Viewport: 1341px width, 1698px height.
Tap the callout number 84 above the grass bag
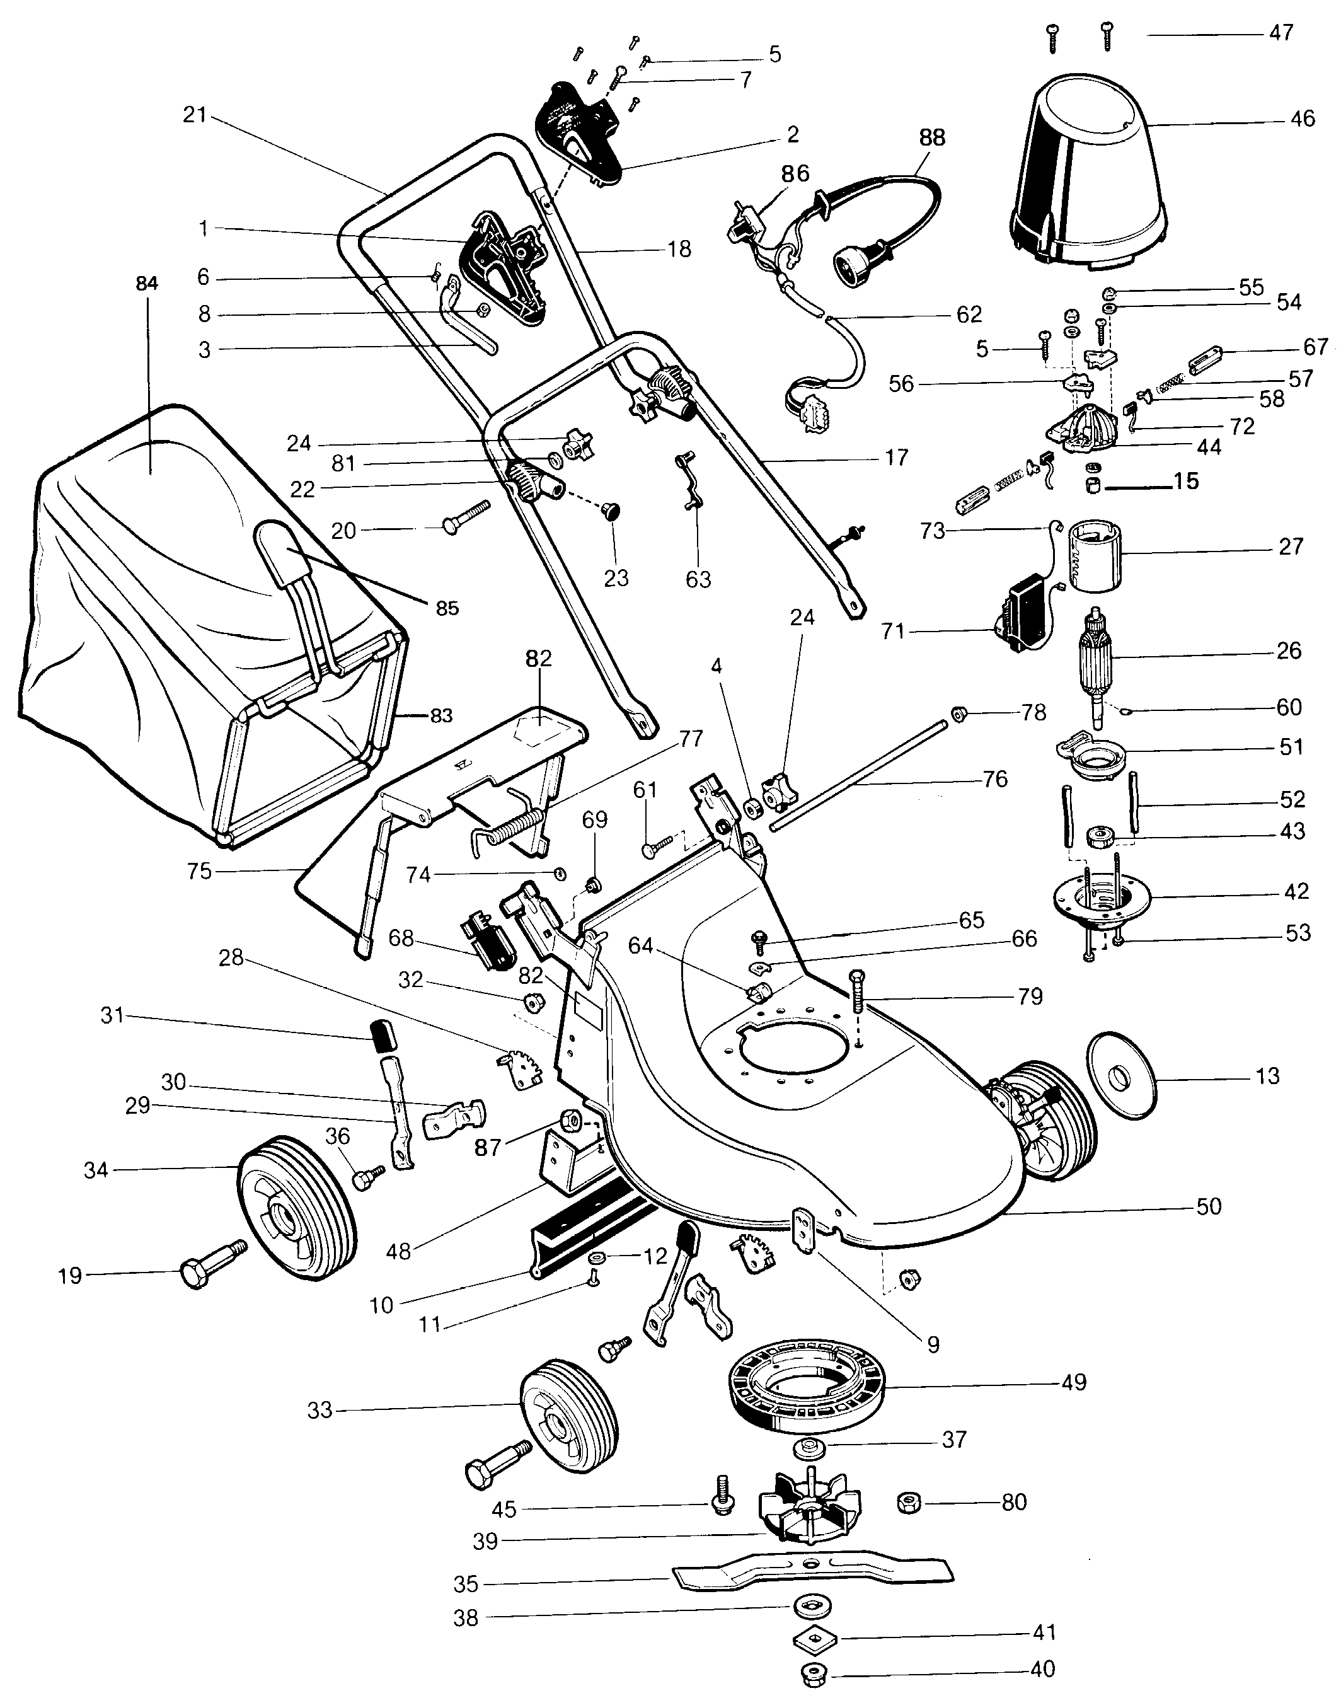(x=147, y=284)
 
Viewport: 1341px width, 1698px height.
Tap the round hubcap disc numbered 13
(x=1124, y=1076)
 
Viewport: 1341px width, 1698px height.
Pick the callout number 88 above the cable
(x=932, y=137)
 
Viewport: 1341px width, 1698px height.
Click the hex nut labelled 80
(x=909, y=1503)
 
